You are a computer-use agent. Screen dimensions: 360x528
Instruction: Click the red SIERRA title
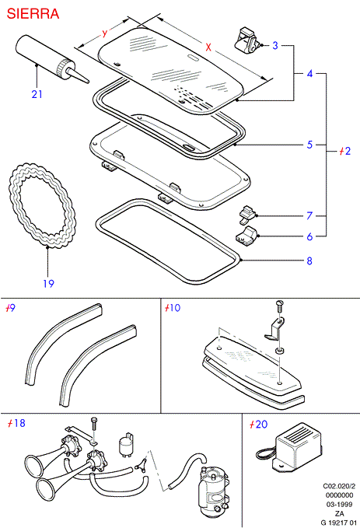coord(33,14)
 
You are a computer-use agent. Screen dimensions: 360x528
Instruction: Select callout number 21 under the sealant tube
coord(37,94)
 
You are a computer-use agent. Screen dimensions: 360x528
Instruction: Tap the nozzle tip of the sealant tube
coord(88,81)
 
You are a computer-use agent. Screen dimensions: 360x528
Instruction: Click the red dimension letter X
coord(208,47)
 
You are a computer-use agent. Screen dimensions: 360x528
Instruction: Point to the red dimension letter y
coord(105,33)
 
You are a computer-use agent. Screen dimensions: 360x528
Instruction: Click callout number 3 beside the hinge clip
coord(275,45)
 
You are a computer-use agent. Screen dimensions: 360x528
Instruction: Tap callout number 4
coord(309,73)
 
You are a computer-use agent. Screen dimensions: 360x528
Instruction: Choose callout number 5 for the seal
coord(309,145)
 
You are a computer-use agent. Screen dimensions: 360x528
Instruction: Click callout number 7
coord(309,215)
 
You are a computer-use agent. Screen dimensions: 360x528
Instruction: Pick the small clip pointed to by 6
coord(246,236)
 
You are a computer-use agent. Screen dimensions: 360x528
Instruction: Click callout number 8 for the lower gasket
coord(309,261)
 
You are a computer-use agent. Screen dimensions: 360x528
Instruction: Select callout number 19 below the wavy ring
coord(48,284)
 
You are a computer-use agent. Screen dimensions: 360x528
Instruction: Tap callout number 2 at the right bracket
coord(348,151)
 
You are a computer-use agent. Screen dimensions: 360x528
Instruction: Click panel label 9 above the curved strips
coord(12,308)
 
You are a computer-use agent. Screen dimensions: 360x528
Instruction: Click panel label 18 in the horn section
coord(20,423)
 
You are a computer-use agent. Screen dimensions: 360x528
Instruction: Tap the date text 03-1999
coord(339,505)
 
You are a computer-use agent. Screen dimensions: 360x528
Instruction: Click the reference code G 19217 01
coord(337,523)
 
